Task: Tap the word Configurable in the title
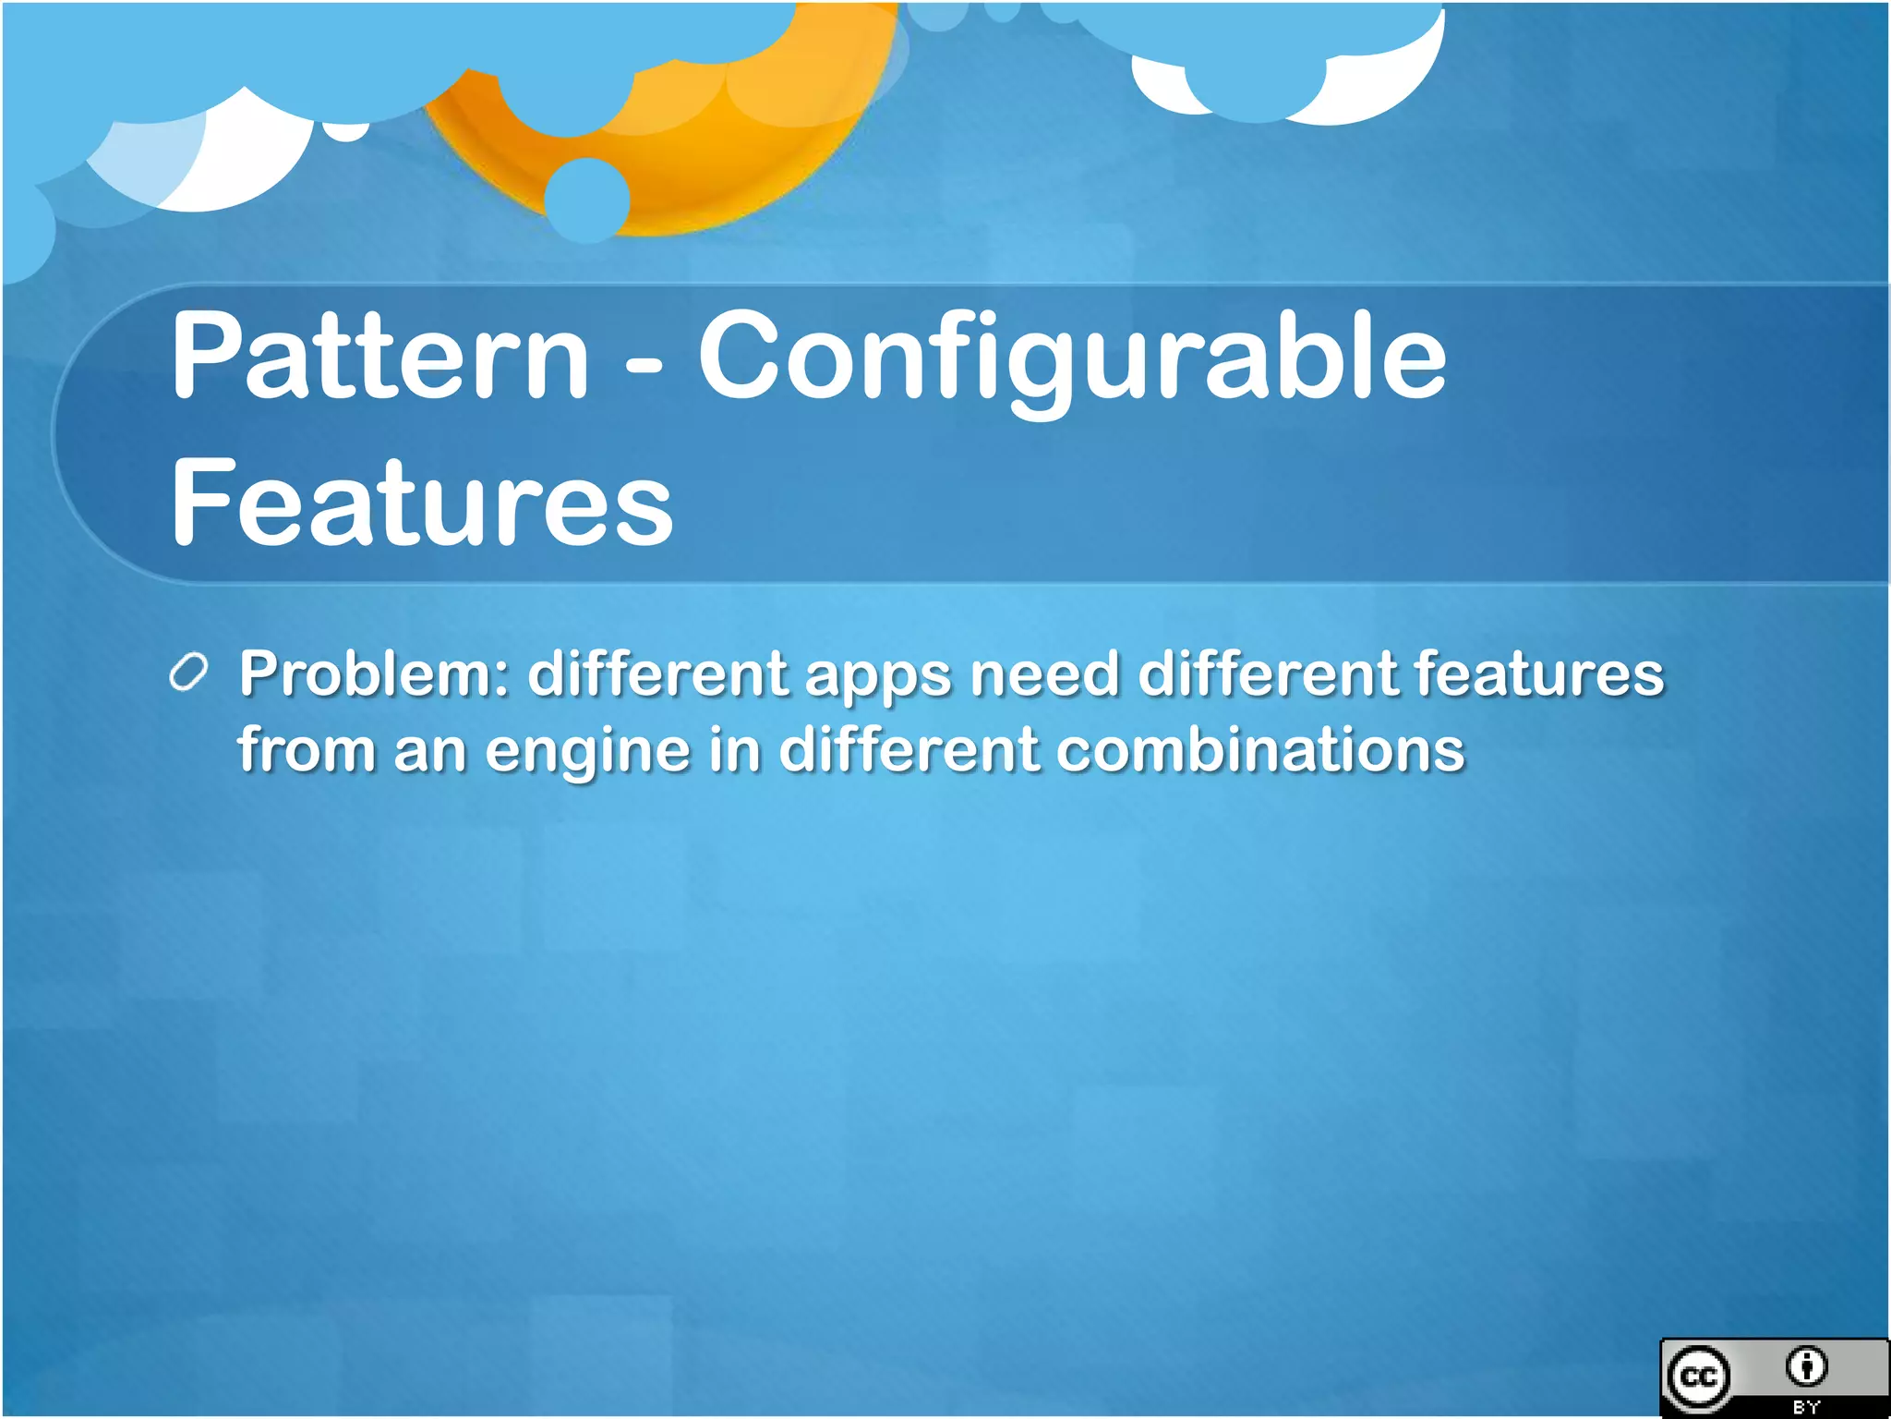1071,358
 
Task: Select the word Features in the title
422,503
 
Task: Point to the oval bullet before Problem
189,673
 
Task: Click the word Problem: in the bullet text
374,673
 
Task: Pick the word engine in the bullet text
587,750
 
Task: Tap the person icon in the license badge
1806,1366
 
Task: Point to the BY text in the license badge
1806,1407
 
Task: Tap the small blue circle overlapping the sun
587,200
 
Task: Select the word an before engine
429,750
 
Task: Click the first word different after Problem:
656,673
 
